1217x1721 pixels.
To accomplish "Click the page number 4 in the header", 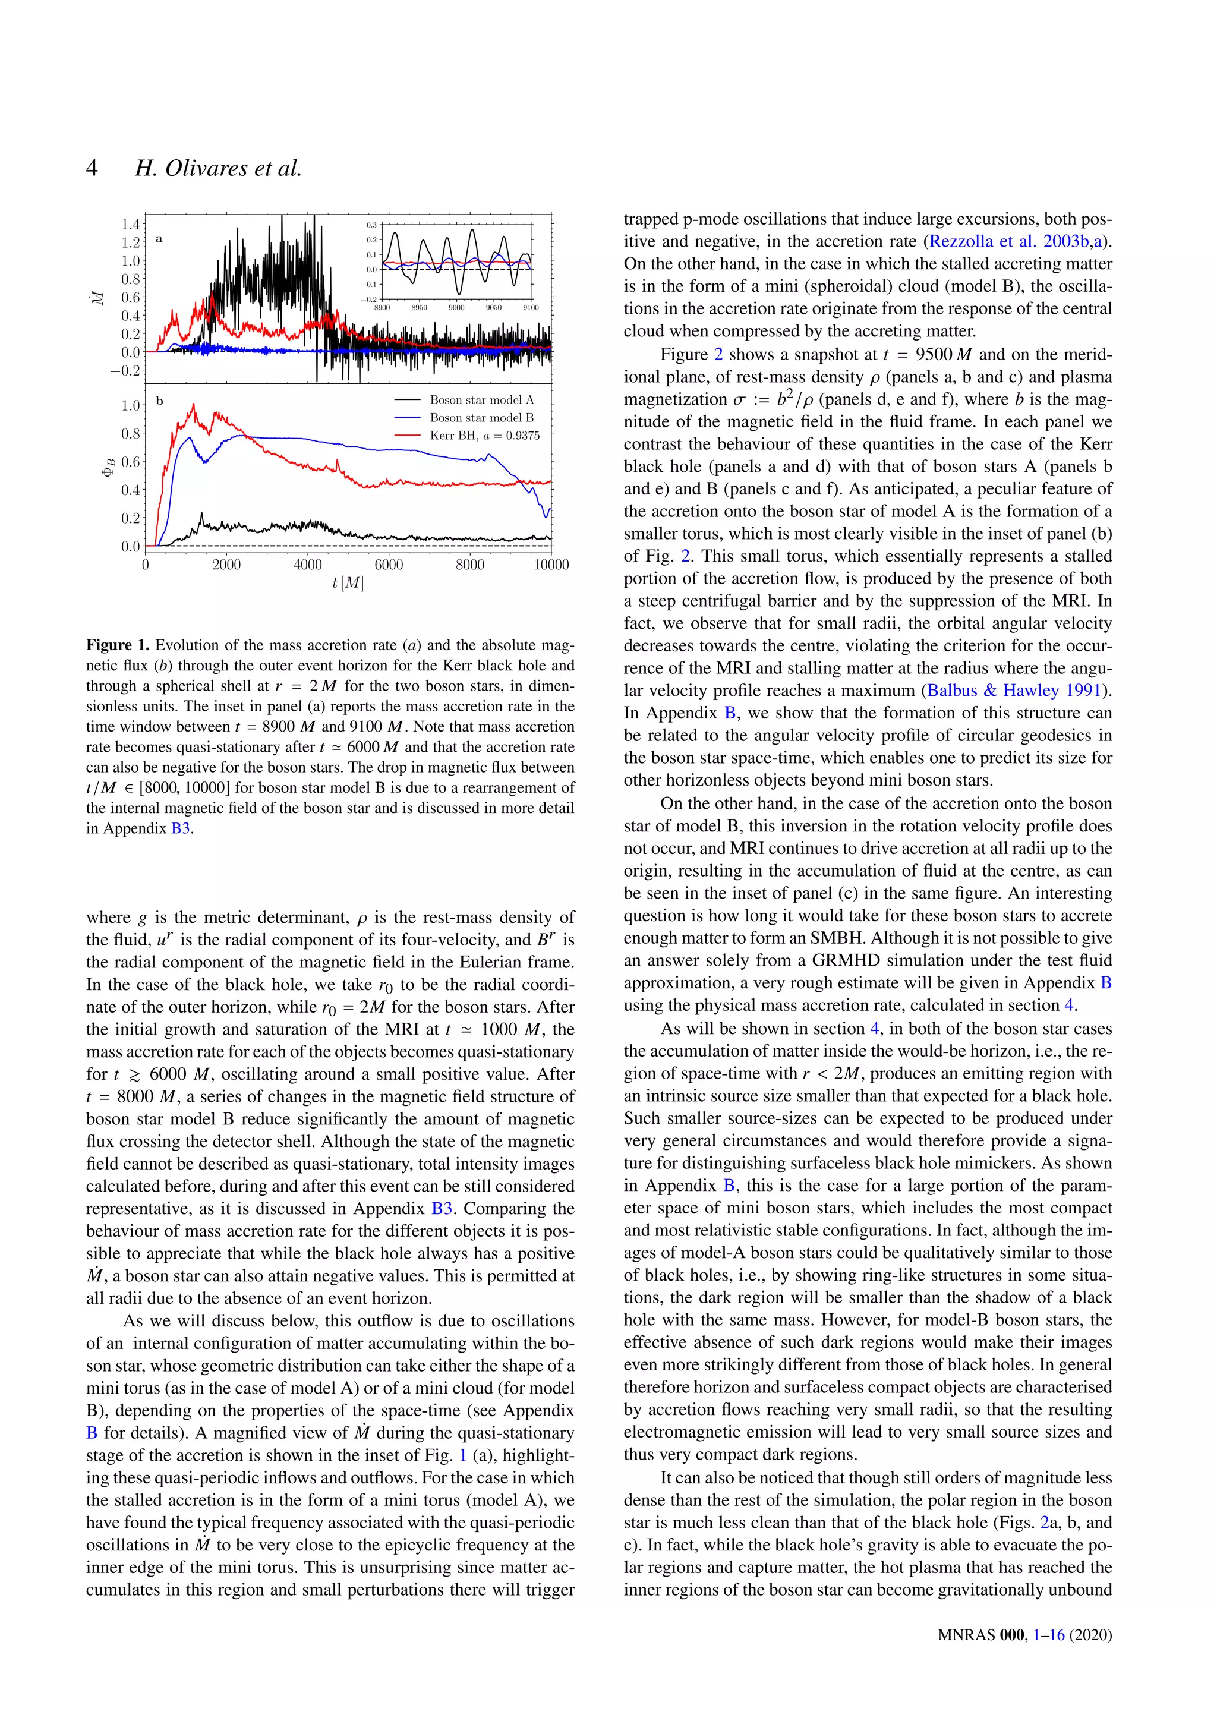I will pyautogui.click(x=92, y=167).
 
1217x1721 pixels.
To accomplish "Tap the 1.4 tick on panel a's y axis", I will pyautogui.click(x=130, y=224).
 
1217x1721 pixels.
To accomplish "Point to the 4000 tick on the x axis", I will pyautogui.click(x=307, y=565).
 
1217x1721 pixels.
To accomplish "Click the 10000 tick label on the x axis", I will pyautogui.click(x=551, y=565).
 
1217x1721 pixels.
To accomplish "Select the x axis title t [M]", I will pyautogui.click(x=348, y=582).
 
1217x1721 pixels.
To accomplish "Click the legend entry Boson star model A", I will pyautogui.click(x=481, y=399).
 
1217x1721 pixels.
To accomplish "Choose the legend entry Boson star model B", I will pyautogui.click(x=481, y=418).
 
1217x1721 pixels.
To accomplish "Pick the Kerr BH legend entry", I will pyautogui.click(x=484, y=436).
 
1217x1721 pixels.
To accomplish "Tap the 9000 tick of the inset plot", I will pyautogui.click(x=456, y=307).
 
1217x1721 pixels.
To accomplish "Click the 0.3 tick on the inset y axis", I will pyautogui.click(x=371, y=225).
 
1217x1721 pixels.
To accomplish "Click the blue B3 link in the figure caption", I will pyautogui.click(x=181, y=829).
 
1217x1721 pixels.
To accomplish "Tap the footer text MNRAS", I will pyautogui.click(x=966, y=1656).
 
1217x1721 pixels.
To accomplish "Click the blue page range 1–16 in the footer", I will pyautogui.click(x=1048, y=1656).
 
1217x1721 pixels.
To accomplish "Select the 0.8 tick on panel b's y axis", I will pyautogui.click(x=130, y=433).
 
